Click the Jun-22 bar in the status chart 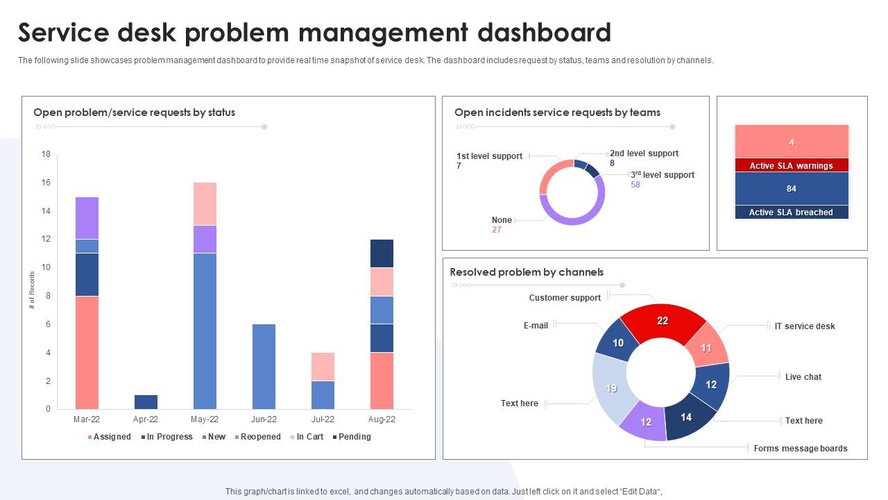coord(264,366)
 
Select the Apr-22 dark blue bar coord(146,402)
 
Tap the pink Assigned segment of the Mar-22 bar coord(87,352)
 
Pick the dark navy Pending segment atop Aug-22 coord(382,253)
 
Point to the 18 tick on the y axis coord(46,154)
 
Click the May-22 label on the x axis coord(205,419)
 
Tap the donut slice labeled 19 coord(611,388)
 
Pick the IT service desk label coord(805,326)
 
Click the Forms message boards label coord(801,449)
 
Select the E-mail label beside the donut coord(536,326)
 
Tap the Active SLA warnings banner coord(791,166)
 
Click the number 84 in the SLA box coord(791,189)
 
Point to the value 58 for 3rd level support coord(635,185)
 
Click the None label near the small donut coord(502,220)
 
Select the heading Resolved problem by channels coord(527,272)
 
